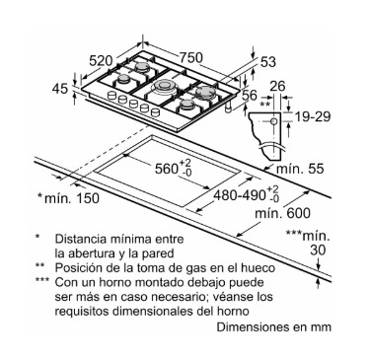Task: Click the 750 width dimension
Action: [x=190, y=58]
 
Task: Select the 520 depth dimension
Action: [x=102, y=60]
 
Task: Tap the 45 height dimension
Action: [x=60, y=89]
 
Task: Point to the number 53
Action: [x=268, y=62]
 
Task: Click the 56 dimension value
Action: [x=249, y=95]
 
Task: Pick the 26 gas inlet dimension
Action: [x=277, y=86]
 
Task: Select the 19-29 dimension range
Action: [x=312, y=116]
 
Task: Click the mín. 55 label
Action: [x=300, y=169]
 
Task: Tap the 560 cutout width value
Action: [x=166, y=169]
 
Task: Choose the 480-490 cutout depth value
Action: [x=240, y=195]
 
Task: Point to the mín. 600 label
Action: [x=283, y=213]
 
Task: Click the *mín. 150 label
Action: [x=68, y=198]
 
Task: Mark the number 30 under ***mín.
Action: [x=318, y=250]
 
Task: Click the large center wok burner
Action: [x=163, y=87]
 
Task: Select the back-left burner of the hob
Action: [x=142, y=66]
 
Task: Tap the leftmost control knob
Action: [x=112, y=95]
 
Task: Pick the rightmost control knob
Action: [x=155, y=112]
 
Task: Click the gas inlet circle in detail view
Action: [x=273, y=121]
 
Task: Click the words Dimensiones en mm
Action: [x=273, y=326]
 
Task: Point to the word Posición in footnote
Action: [x=74, y=268]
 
